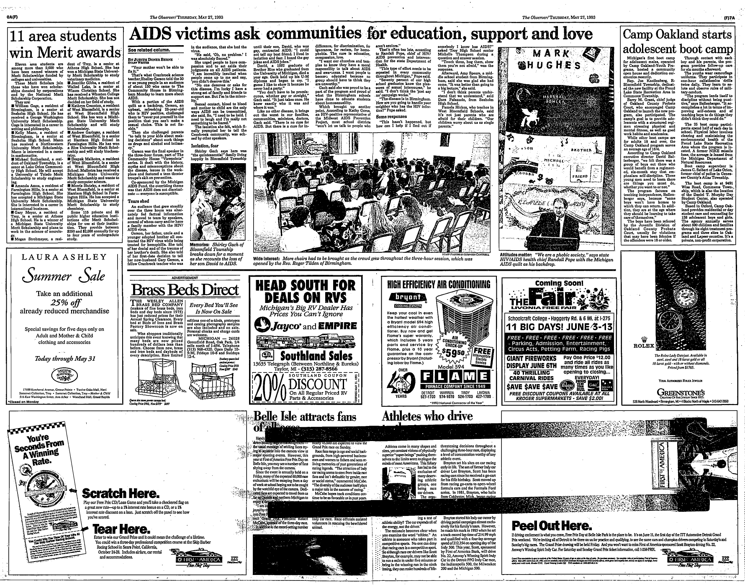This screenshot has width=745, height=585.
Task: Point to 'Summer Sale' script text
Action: pos(64,277)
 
